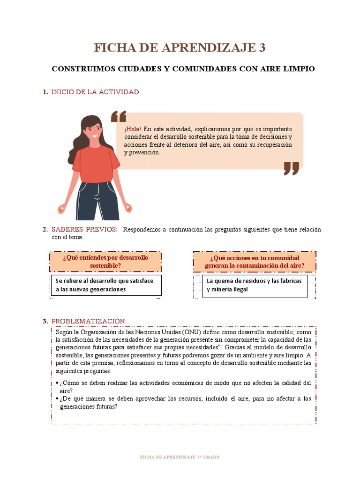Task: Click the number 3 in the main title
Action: point(262,48)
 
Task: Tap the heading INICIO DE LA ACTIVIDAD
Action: point(96,92)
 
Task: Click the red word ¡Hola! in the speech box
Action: point(133,129)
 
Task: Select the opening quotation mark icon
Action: point(119,117)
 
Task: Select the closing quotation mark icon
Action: point(291,168)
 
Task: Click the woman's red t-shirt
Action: point(96,164)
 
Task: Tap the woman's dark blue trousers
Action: point(97,202)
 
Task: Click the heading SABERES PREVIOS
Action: point(84,229)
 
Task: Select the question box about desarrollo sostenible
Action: point(105,262)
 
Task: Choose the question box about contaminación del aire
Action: point(255,262)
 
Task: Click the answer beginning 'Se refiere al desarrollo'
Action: point(105,285)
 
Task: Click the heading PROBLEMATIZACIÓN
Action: point(89,321)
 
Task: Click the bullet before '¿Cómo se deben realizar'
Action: point(57,383)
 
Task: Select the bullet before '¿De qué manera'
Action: point(57,399)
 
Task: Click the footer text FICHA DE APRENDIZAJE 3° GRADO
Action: point(180,457)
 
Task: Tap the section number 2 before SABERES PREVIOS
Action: point(45,229)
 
